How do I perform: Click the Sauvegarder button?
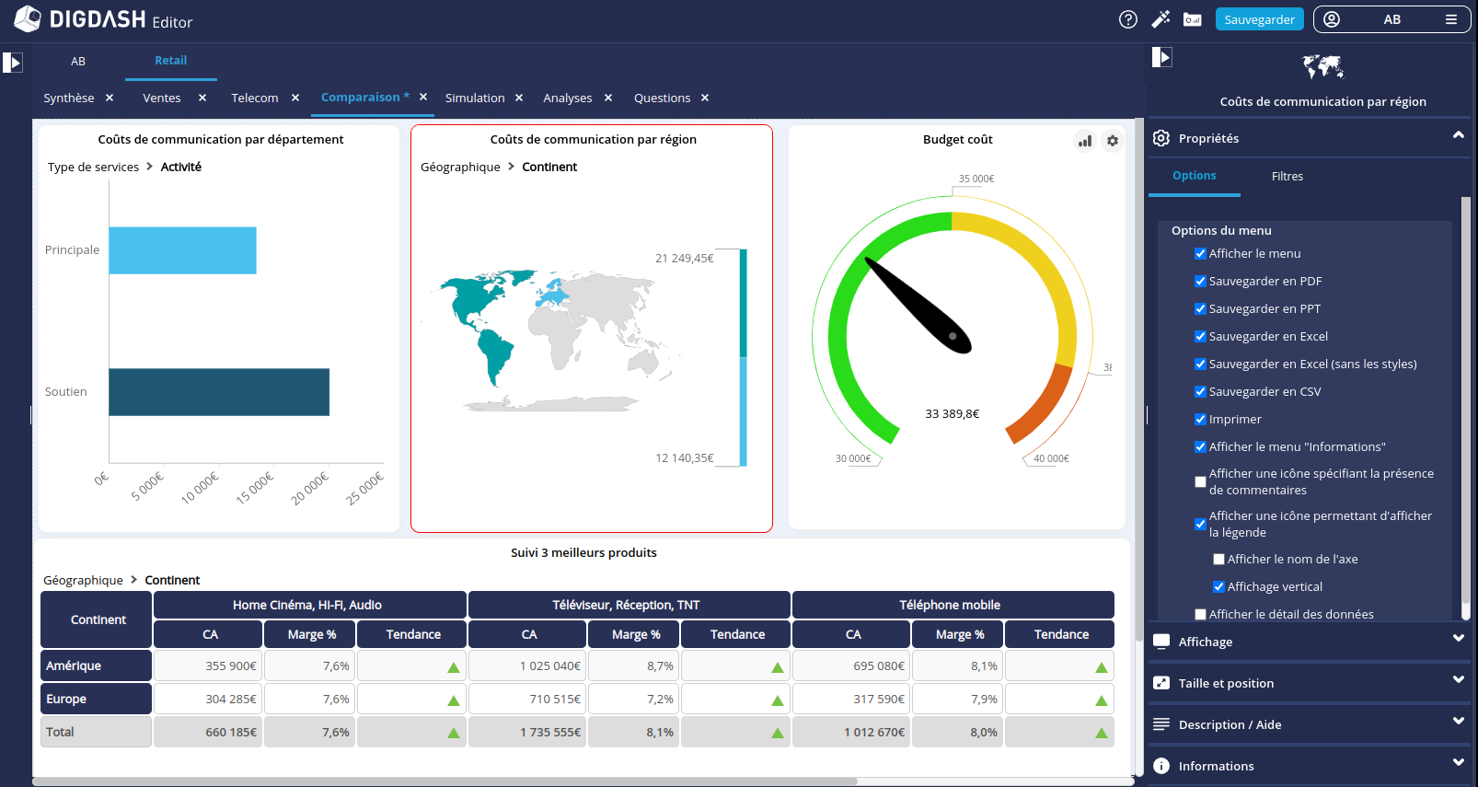point(1259,19)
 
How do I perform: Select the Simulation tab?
point(475,98)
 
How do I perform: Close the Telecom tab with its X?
point(295,98)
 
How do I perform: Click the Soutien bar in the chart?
point(219,392)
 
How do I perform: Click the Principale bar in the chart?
point(182,250)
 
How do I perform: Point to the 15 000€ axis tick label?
point(255,488)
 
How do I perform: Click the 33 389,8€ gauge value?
point(952,414)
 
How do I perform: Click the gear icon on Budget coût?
point(1113,141)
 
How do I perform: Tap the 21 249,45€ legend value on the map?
point(684,259)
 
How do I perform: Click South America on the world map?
point(497,354)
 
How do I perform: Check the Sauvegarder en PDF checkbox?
point(1200,282)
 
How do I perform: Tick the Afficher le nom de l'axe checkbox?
point(1218,560)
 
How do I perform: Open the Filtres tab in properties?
point(1287,177)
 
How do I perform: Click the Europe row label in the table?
point(96,700)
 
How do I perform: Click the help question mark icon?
point(1127,19)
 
